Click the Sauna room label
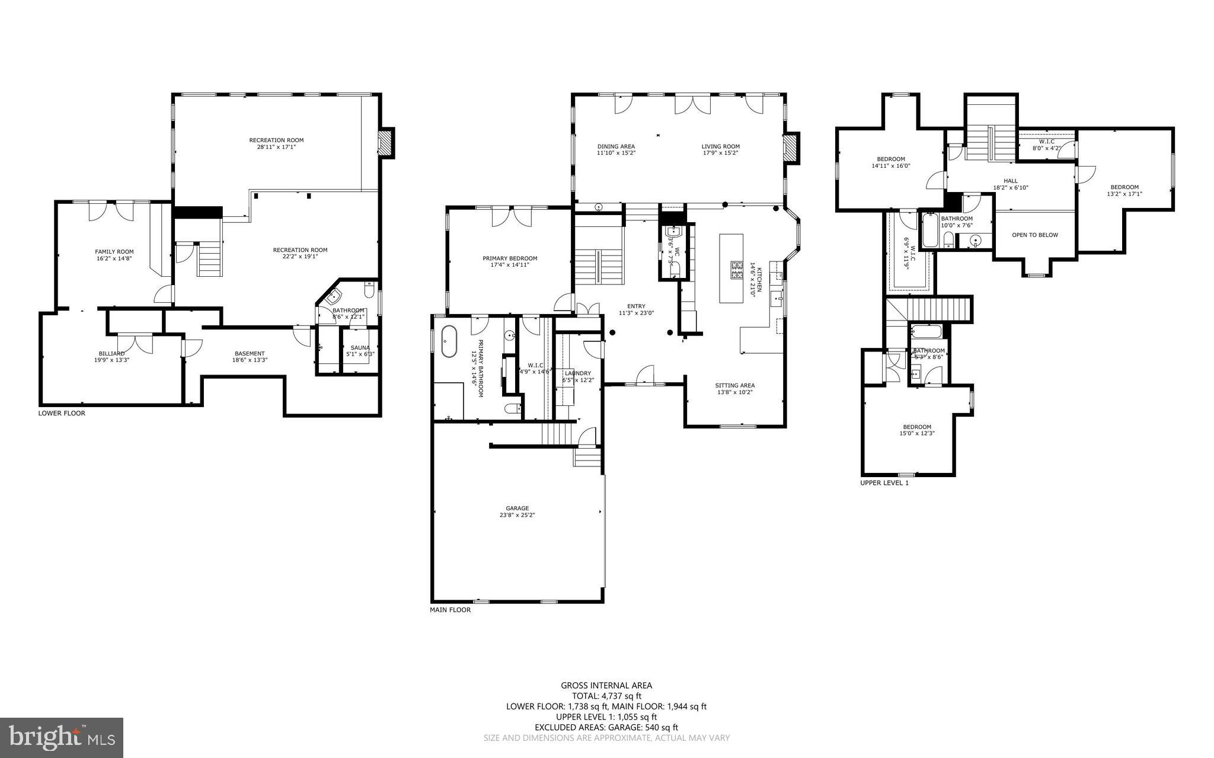[x=360, y=348]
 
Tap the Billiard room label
[x=111, y=353]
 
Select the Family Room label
[x=114, y=252]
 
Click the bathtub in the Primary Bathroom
[x=449, y=341]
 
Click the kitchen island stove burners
[x=737, y=271]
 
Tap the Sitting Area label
[x=734, y=385]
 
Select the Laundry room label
[x=577, y=373]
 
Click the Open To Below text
[x=1034, y=235]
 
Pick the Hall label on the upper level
[x=1010, y=181]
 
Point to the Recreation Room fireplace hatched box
[x=386, y=143]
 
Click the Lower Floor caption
[x=62, y=413]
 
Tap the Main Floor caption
[x=450, y=610]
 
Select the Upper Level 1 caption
[x=884, y=483]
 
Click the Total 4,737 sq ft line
[x=606, y=696]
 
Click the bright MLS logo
[x=62, y=737]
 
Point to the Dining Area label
[x=616, y=146]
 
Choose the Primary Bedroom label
[x=509, y=258]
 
